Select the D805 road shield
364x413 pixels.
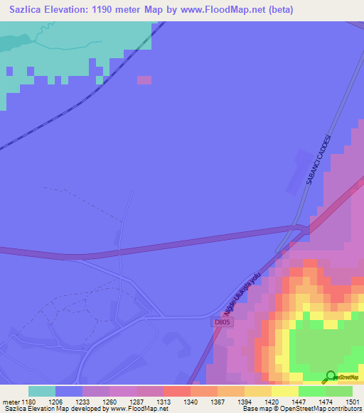coord(223,321)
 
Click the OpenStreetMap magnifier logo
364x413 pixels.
coord(331,376)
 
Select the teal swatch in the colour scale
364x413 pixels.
coord(42,391)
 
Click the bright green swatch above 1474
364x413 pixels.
coord(312,391)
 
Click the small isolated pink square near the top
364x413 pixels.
coord(144,80)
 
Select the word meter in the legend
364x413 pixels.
coord(10,402)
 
